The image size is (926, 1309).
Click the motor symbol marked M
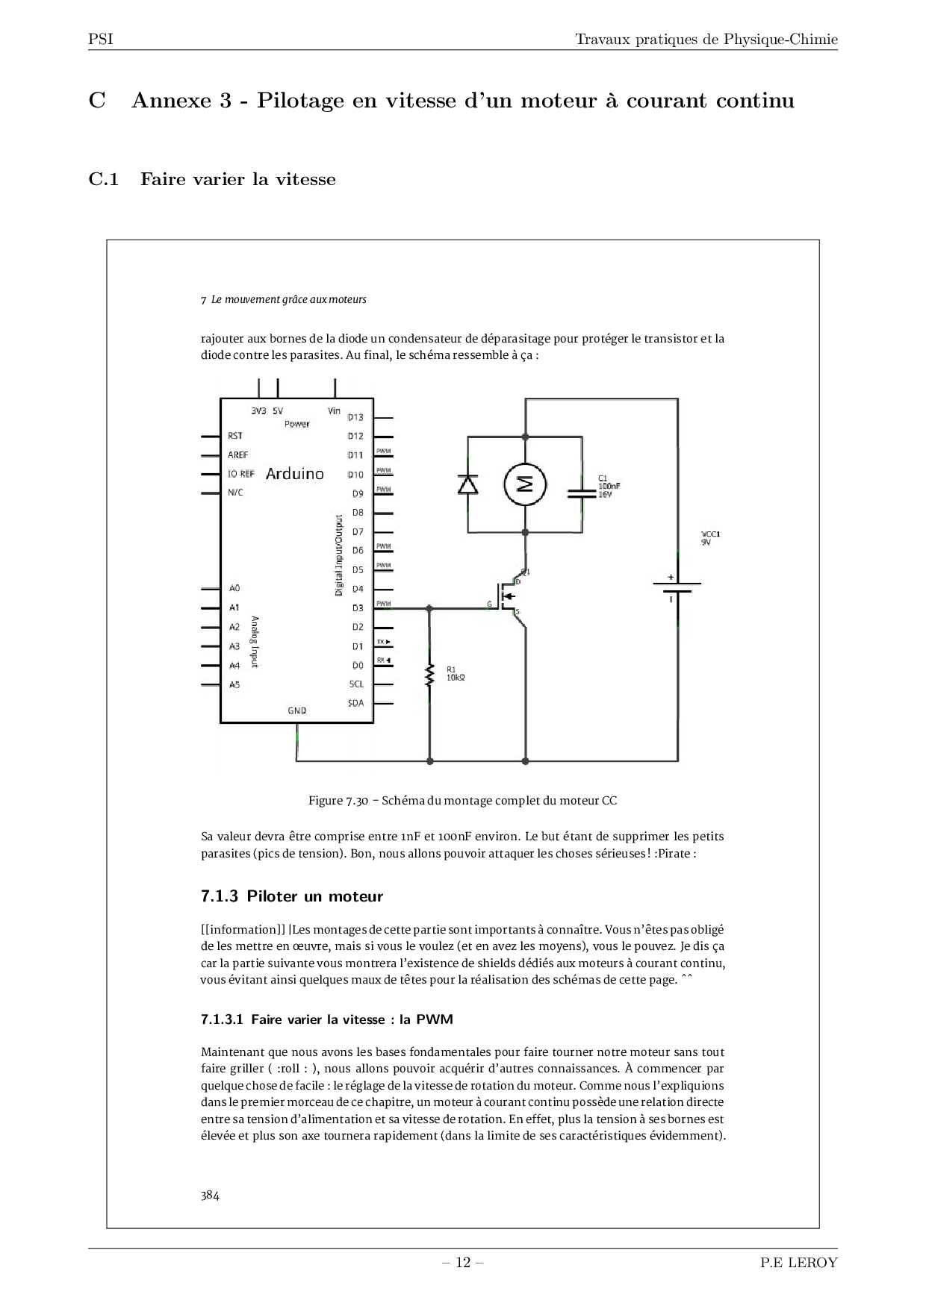click(525, 484)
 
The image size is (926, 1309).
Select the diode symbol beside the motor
click(468, 484)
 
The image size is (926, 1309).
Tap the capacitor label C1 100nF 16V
click(609, 486)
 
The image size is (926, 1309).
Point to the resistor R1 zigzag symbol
click(429, 676)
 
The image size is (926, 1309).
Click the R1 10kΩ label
click(456, 673)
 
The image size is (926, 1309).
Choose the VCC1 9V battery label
click(710, 538)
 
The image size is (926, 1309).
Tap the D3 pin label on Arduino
click(358, 608)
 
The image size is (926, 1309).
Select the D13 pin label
click(355, 417)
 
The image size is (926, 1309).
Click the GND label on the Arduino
click(297, 710)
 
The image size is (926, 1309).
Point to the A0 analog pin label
click(234, 588)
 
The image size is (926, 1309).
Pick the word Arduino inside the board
click(295, 473)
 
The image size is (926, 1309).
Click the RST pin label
click(235, 436)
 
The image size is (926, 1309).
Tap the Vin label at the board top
click(334, 410)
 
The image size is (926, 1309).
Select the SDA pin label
click(355, 703)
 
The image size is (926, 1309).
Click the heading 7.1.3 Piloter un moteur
click(292, 896)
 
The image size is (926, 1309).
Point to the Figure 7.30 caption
click(463, 801)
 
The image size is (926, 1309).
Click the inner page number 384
click(210, 1195)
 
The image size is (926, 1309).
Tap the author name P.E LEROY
click(799, 1263)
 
